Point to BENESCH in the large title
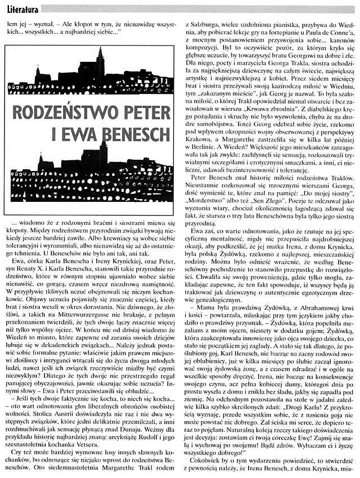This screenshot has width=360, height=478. [x=130, y=134]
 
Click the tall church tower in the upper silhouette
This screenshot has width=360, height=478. [x=100, y=62]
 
